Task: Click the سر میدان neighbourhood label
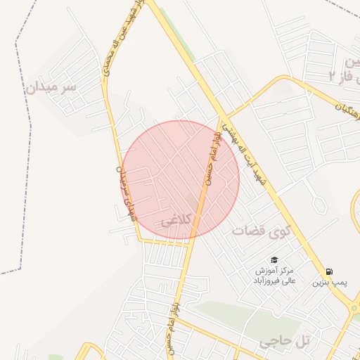tap(50, 88)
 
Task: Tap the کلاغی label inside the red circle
tap(176, 221)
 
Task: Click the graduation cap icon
tap(274, 259)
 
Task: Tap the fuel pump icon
tap(330, 271)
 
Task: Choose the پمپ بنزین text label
tap(330, 282)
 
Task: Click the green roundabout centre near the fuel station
tap(354, 307)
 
